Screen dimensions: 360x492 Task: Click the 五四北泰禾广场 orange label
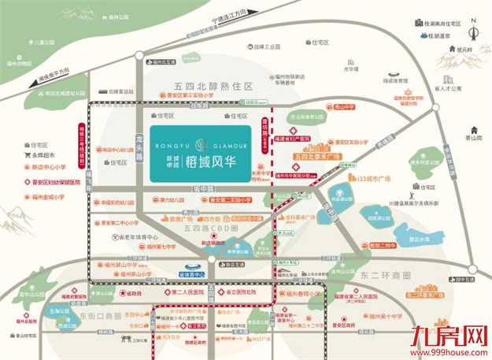coord(314,158)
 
